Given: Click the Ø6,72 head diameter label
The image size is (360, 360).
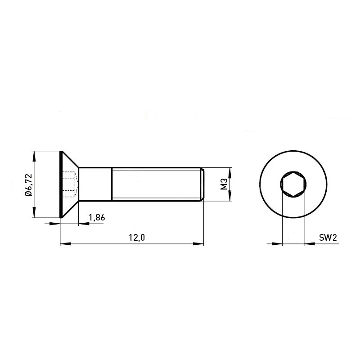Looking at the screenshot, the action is click(x=28, y=185).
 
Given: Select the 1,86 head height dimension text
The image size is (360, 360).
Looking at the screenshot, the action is click(x=97, y=217).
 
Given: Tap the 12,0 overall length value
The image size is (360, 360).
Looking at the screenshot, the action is click(x=137, y=238).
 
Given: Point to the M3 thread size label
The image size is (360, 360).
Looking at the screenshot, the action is click(x=224, y=184).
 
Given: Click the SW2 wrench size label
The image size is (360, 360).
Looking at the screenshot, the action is click(x=328, y=238).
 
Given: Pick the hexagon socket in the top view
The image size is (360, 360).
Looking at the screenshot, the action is click(x=293, y=184).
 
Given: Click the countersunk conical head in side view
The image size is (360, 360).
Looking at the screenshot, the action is click(x=69, y=184).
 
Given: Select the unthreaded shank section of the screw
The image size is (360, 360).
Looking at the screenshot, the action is click(x=95, y=184).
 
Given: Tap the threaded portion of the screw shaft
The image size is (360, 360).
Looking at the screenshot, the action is click(x=156, y=184).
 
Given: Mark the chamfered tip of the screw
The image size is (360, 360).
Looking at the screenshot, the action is click(x=202, y=184).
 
